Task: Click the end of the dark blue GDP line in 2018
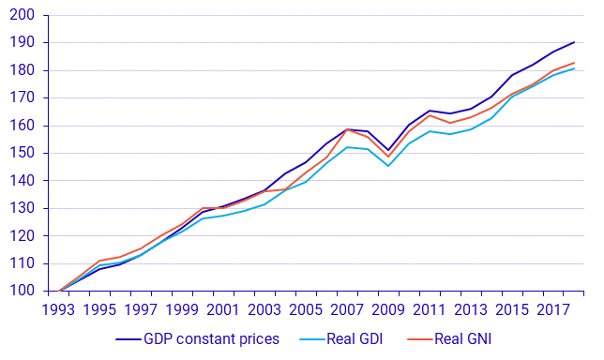pyautogui.click(x=574, y=42)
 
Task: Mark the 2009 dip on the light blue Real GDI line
pyautogui.click(x=388, y=166)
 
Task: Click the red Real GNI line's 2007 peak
pyautogui.click(x=347, y=129)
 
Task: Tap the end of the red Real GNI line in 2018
pyautogui.click(x=574, y=63)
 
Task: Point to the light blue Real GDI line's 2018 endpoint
pyautogui.click(x=574, y=68)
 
